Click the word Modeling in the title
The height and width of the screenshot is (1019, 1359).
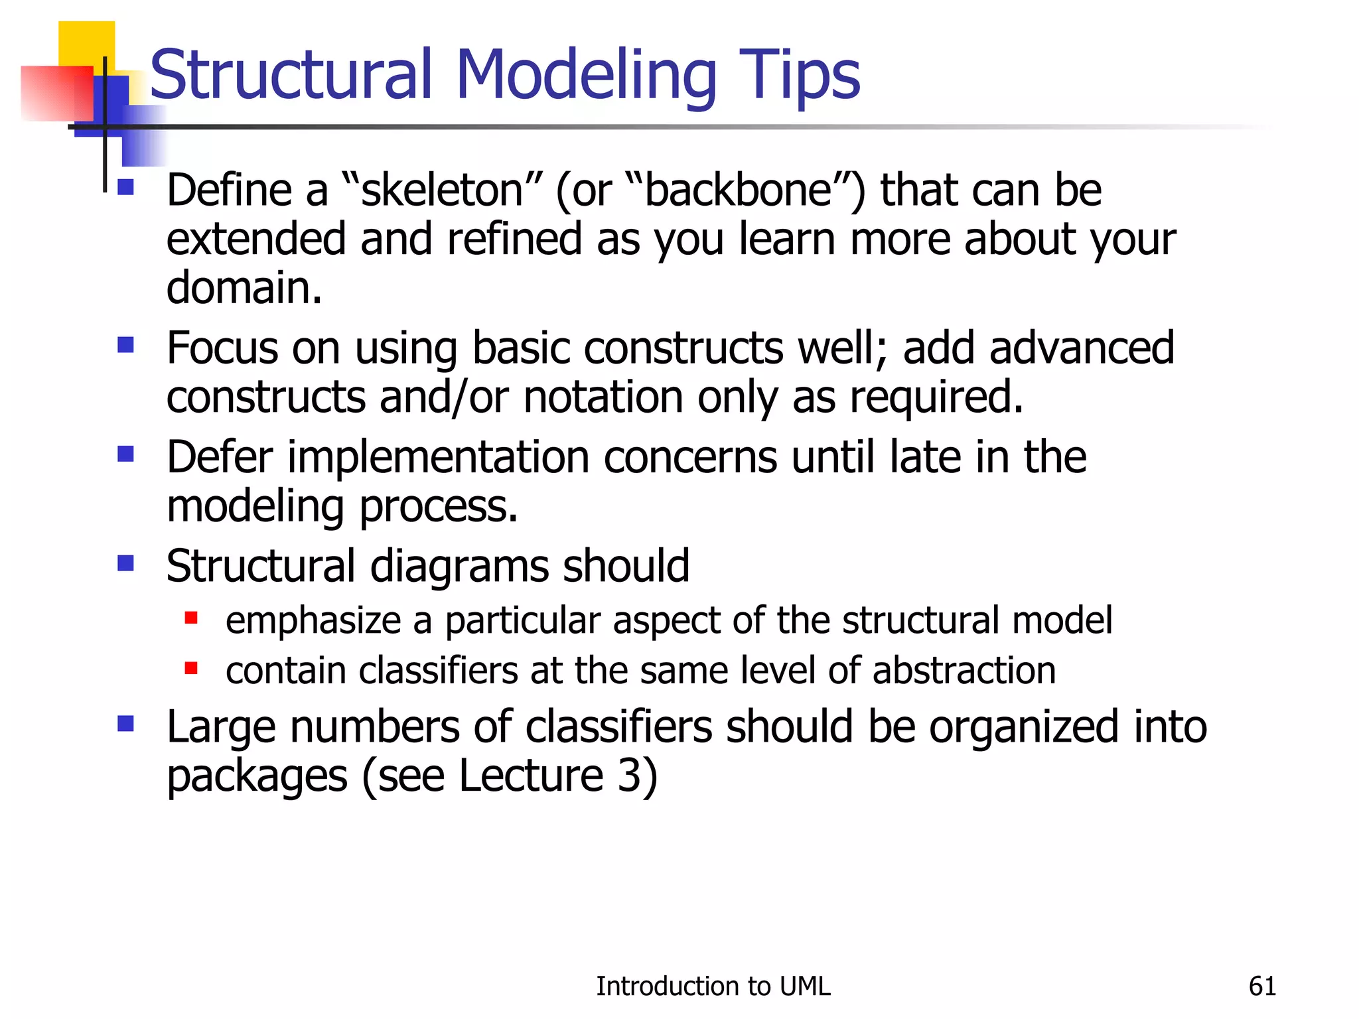[x=585, y=76]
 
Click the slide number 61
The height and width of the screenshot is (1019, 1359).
[x=1262, y=986]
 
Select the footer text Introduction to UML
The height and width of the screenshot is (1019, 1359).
[x=713, y=986]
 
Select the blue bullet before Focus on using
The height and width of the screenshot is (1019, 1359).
[x=125, y=345]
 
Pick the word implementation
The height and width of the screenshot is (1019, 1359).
[x=438, y=458]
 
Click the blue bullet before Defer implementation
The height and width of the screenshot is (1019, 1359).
[x=125, y=454]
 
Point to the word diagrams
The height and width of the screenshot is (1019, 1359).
[x=459, y=567]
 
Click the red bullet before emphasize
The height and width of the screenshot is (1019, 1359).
[x=191, y=618]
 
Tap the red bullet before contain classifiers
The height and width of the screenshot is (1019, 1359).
[x=191, y=668]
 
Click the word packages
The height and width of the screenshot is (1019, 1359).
[x=257, y=776]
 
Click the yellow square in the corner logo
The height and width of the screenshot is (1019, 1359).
[x=86, y=42]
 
